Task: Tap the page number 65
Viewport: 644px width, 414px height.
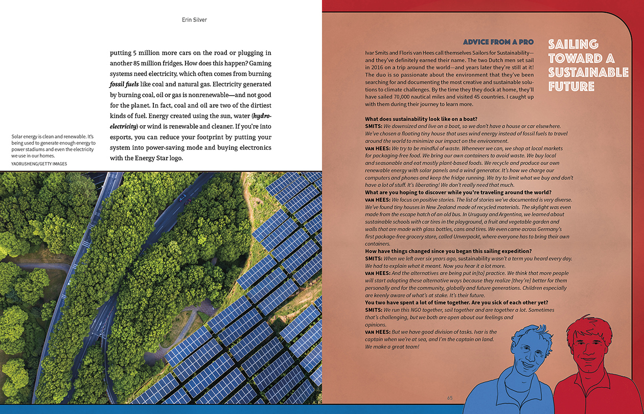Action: pyautogui.click(x=450, y=398)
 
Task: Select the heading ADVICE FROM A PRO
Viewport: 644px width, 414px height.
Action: pyautogui.click(x=498, y=42)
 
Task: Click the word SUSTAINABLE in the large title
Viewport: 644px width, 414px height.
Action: pyautogui.click(x=588, y=72)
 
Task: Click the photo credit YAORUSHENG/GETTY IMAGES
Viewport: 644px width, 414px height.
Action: pyautogui.click(x=39, y=164)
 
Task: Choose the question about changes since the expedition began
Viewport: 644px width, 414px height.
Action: pyautogui.click(x=448, y=251)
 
